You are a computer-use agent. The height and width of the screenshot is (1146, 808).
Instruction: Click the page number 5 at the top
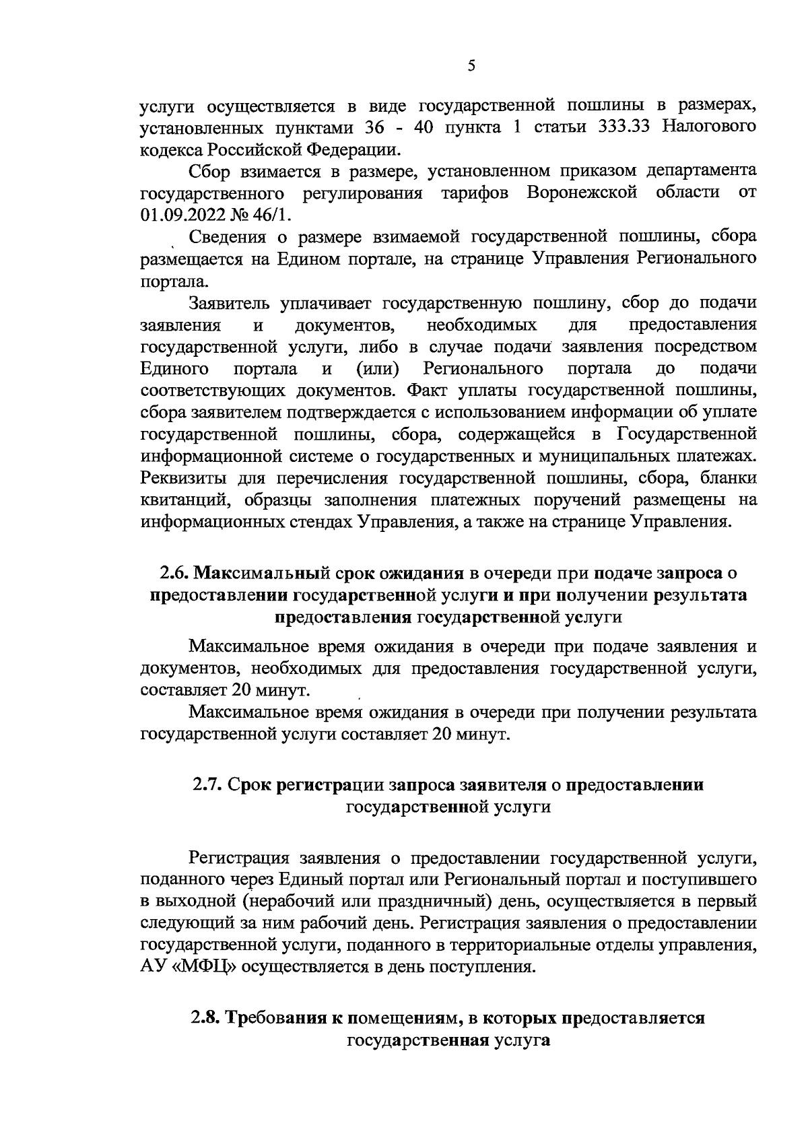coord(471,65)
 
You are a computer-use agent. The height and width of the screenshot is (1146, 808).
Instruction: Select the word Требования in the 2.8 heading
coord(274,1018)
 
